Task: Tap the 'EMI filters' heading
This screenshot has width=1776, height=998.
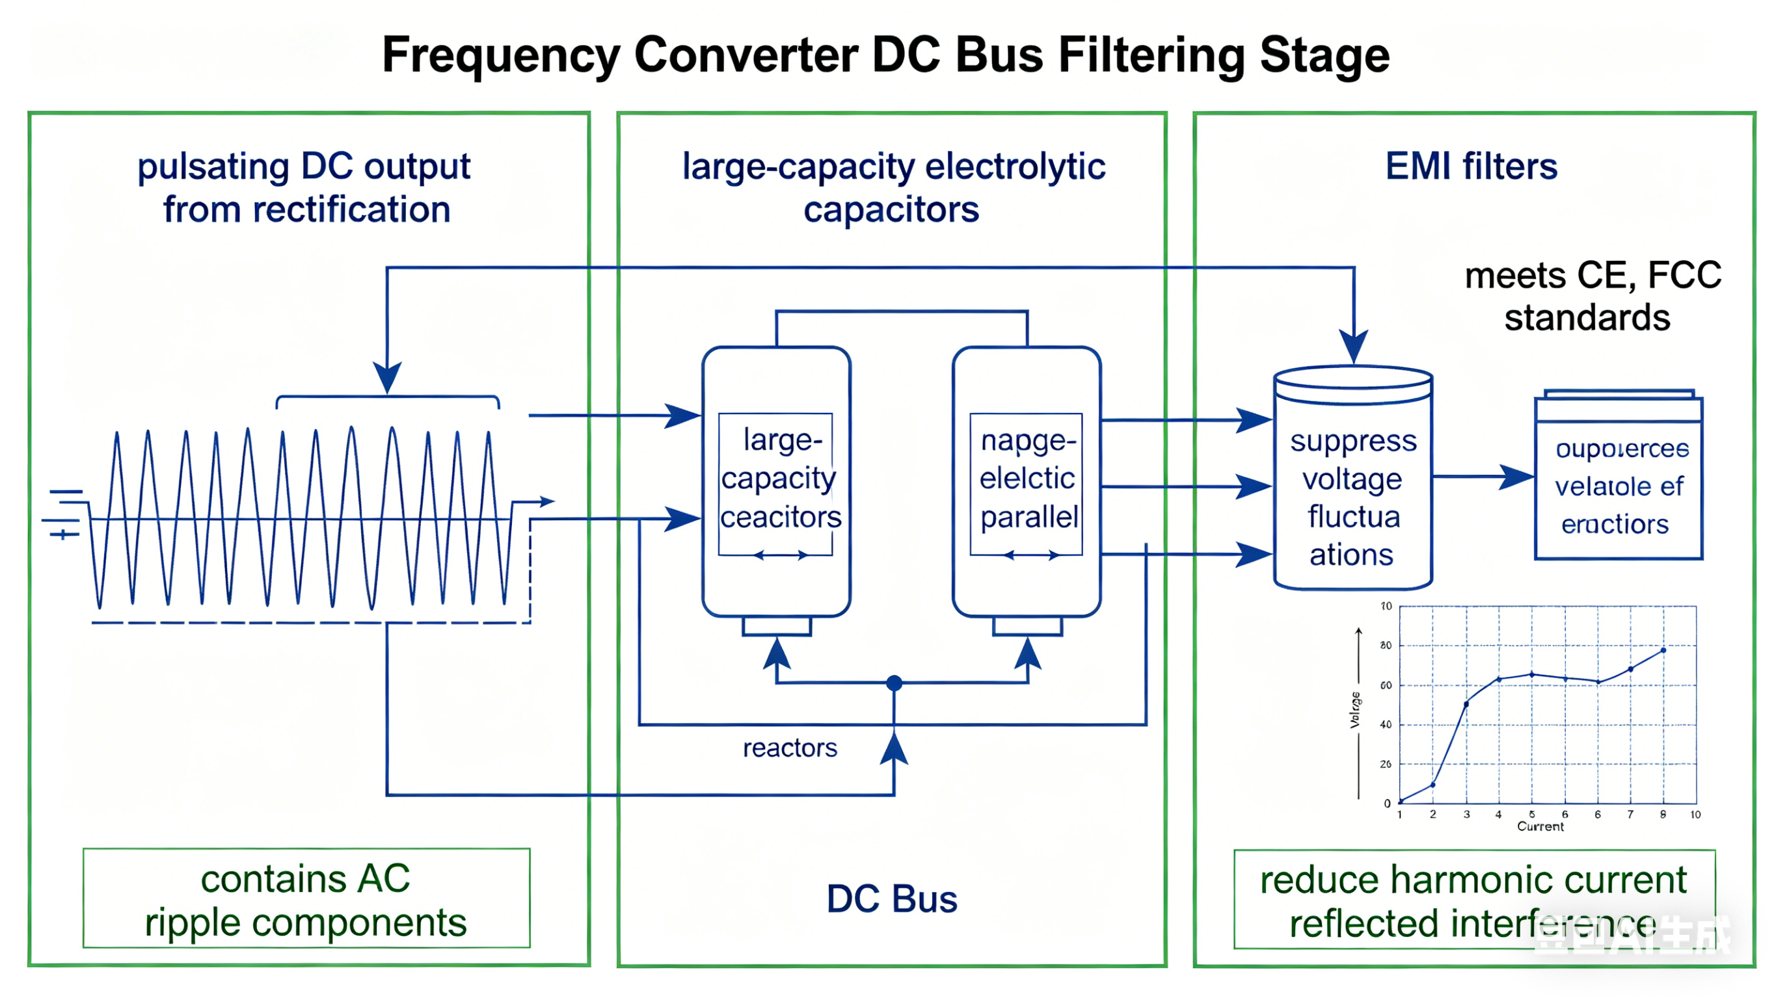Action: coord(1472,167)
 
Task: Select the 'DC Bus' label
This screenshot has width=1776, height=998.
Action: coord(891,899)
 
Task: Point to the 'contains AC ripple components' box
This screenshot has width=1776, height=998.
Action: coord(306,899)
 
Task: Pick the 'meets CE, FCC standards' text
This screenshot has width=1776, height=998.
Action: coord(1592,296)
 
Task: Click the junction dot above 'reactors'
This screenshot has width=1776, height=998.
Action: coord(895,683)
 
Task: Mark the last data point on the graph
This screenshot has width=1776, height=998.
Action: coord(1663,650)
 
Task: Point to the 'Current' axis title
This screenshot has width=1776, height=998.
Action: coord(1541,826)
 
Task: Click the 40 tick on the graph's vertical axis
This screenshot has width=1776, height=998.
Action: coord(1386,724)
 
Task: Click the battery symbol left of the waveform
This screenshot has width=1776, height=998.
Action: coord(66,514)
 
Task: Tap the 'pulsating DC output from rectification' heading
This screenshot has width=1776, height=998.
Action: coord(304,187)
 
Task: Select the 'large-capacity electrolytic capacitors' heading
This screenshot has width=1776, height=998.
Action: coord(893,187)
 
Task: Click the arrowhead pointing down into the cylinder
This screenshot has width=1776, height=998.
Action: coord(1353,345)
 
